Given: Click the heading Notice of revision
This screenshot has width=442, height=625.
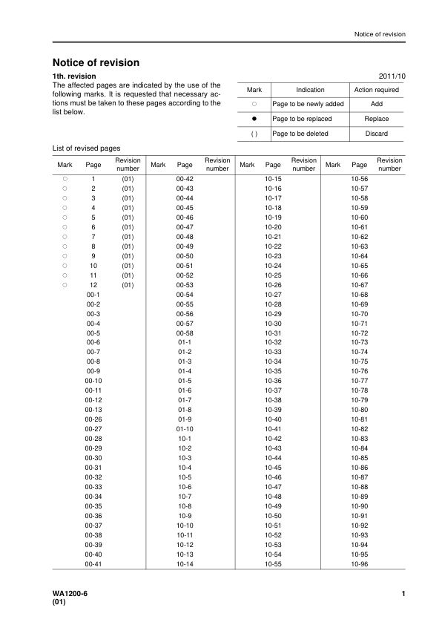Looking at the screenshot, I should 96,63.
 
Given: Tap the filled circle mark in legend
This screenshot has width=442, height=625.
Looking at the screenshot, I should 254,119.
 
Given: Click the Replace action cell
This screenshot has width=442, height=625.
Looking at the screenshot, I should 377,119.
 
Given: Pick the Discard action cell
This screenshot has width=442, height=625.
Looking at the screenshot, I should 377,134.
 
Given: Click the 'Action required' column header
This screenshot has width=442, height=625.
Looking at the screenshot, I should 377,90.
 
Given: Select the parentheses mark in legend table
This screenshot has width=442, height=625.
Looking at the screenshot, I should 254,134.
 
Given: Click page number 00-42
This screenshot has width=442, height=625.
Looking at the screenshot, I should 185,180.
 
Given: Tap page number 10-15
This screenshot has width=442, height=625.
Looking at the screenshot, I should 273,180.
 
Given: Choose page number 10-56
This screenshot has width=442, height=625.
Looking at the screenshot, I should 360,180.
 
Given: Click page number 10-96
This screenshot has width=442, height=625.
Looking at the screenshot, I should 360,564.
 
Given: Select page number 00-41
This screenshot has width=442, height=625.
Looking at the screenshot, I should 93,564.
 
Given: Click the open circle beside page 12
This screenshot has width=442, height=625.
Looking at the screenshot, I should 65,285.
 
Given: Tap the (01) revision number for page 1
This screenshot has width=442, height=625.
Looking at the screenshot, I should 127,180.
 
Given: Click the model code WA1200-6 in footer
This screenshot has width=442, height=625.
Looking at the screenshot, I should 70,594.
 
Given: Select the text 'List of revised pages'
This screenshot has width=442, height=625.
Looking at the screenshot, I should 86,148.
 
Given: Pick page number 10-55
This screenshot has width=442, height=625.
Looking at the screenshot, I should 273,564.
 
